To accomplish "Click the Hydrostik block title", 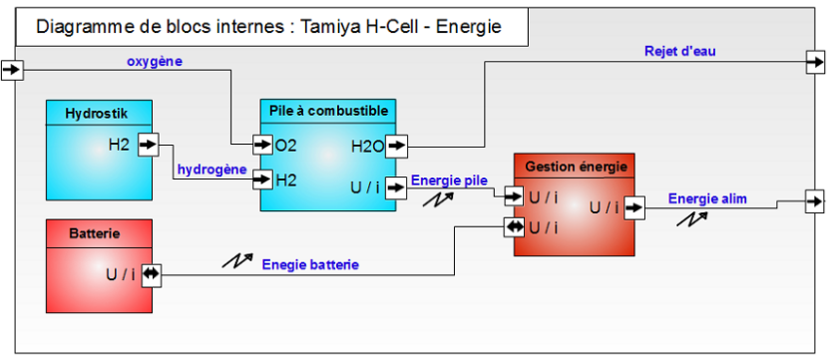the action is (96, 113).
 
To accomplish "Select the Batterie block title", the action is (96, 233).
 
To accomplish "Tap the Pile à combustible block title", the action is (329, 111).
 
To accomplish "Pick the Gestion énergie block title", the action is (577, 168).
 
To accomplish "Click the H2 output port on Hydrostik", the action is (149, 145).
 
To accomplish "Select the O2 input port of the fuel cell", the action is (262, 145).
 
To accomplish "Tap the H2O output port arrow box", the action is (396, 146).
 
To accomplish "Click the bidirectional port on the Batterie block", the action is (152, 274).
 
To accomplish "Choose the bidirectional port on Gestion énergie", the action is (514, 227).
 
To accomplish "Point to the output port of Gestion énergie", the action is (633, 207).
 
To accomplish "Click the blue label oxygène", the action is (155, 61).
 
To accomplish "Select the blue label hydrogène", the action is (212, 170).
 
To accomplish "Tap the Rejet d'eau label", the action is (680, 51).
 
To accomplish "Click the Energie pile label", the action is (449, 180).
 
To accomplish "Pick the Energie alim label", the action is (707, 198).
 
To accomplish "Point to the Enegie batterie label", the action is (310, 264).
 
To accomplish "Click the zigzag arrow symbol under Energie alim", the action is (692, 218).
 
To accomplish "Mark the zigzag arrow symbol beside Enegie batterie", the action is (236, 259).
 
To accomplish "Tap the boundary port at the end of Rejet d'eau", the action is (815, 63).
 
